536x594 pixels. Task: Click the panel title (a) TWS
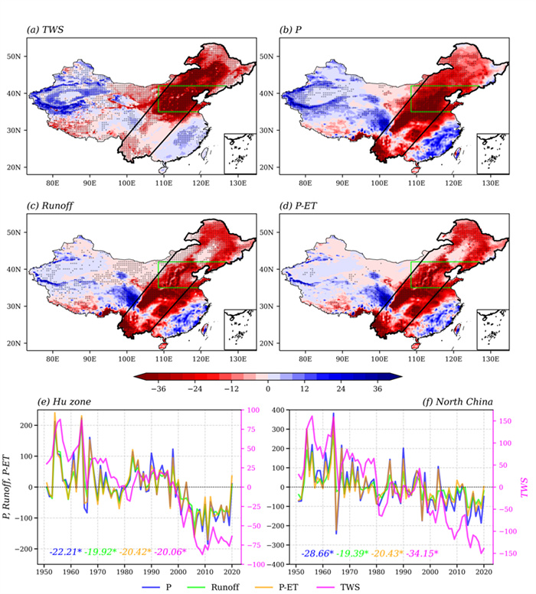pos(48,31)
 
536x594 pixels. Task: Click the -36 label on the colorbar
pos(159,388)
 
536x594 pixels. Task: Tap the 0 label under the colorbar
pos(268,388)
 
